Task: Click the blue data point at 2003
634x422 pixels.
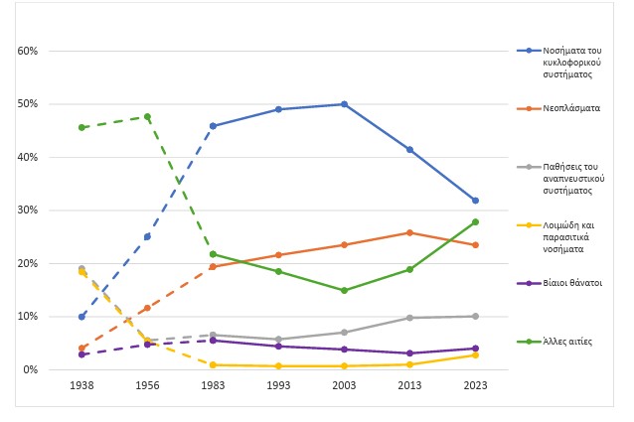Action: [344, 104]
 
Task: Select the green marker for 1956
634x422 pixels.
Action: [148, 117]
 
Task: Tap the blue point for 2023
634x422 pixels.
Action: [475, 201]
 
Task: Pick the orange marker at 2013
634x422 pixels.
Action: [409, 232]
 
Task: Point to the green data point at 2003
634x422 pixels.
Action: [344, 290]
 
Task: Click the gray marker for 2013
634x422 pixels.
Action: [409, 318]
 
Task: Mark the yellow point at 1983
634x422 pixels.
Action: [213, 365]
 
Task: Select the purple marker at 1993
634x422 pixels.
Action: [278, 347]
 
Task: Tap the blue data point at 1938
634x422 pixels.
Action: [81, 317]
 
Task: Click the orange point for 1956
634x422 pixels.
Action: [148, 308]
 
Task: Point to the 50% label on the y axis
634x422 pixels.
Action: [28, 104]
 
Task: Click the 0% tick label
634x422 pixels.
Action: [31, 369]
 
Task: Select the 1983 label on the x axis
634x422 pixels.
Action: [213, 385]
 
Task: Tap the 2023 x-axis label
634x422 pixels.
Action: [475, 385]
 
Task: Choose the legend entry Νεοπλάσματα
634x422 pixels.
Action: [571, 108]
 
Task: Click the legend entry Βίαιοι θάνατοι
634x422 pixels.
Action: [572, 283]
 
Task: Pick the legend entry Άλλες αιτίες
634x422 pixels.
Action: [567, 342]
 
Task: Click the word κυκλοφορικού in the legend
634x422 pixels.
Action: [571, 63]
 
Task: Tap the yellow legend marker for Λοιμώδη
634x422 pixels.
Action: [529, 225]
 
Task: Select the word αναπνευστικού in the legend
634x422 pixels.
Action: [573, 179]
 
